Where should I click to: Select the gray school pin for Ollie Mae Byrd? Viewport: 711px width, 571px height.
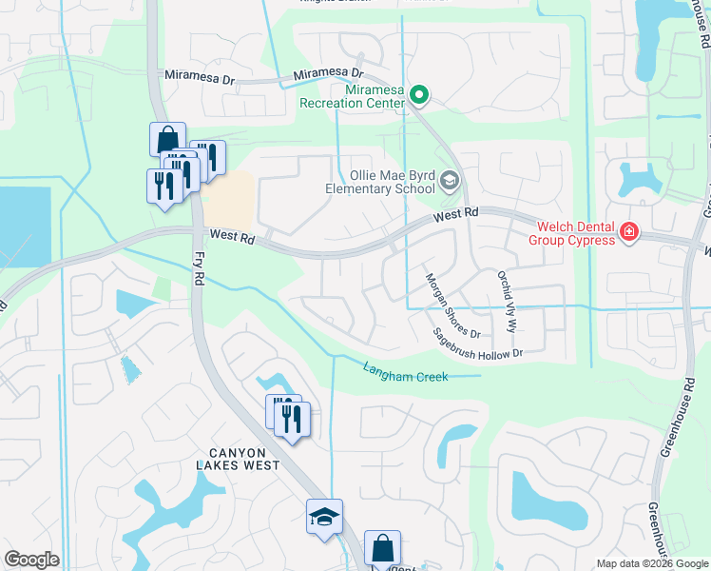(450, 180)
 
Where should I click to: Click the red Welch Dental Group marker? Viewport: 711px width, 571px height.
(627, 231)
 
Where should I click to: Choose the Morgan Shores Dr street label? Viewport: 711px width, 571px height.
(452, 305)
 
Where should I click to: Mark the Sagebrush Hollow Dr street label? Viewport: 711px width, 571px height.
(478, 344)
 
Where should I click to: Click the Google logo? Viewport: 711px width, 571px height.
(31, 560)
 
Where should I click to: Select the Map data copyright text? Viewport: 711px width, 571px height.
(652, 563)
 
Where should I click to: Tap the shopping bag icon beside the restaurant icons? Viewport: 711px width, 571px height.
(167, 137)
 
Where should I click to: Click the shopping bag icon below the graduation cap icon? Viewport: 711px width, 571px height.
(382, 548)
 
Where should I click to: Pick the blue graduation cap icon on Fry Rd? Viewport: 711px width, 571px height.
(324, 517)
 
